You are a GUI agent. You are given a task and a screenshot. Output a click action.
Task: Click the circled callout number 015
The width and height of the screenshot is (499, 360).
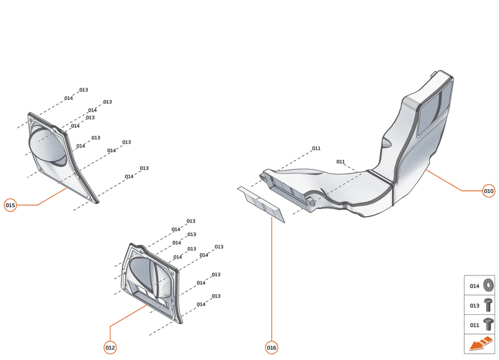(x=10, y=205)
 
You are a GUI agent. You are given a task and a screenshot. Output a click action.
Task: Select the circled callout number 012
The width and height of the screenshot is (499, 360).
(x=110, y=347)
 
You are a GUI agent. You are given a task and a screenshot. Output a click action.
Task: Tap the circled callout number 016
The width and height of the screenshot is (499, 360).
(x=272, y=348)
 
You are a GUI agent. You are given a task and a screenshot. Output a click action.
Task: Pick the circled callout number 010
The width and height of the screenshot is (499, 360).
(x=489, y=191)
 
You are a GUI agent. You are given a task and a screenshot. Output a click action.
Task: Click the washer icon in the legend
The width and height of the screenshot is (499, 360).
(x=489, y=285)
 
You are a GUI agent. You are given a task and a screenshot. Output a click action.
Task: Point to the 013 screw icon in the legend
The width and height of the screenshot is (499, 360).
(x=489, y=305)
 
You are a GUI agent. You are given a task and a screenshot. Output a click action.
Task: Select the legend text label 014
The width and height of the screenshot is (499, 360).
(x=474, y=286)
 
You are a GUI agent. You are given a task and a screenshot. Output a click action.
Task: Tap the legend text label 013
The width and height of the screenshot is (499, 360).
(x=474, y=305)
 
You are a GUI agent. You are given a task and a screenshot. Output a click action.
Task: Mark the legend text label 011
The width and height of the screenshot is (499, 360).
(x=474, y=325)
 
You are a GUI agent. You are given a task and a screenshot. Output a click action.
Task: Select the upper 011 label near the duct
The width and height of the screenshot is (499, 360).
(x=316, y=148)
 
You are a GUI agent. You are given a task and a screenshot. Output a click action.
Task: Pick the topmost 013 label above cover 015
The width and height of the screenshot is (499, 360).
(x=84, y=90)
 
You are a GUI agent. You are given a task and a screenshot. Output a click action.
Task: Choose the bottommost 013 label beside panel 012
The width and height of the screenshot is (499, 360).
(x=216, y=296)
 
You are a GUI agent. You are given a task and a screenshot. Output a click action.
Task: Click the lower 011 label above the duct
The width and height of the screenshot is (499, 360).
(x=341, y=161)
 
